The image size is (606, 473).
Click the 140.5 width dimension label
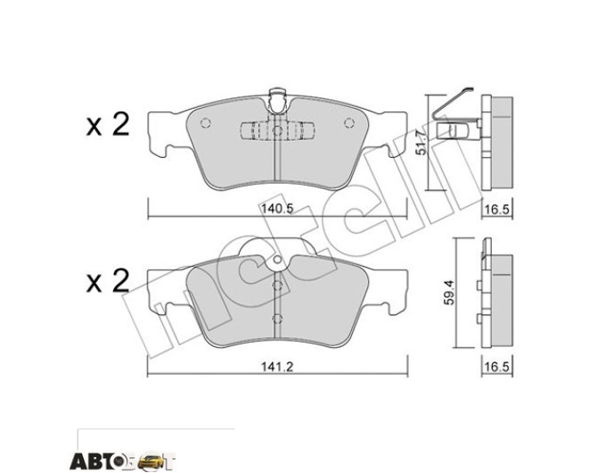(277, 209)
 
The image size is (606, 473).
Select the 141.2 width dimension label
(277, 366)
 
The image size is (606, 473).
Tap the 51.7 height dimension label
(422, 143)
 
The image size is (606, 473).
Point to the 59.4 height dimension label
(449, 293)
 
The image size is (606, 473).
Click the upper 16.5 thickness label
(498, 210)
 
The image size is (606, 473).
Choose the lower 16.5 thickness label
(498, 366)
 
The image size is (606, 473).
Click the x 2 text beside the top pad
(108, 124)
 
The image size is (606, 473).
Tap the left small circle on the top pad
(205, 122)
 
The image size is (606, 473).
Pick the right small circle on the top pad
(349, 122)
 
